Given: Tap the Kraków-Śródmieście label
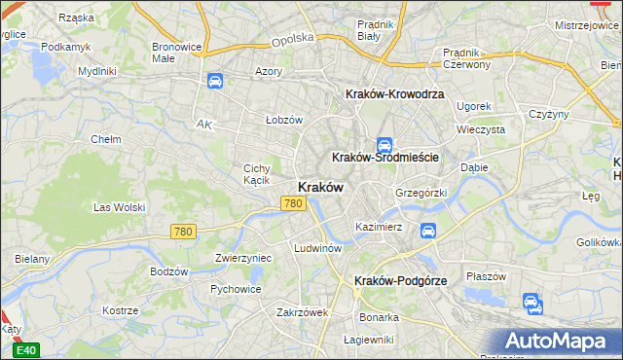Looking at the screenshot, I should [386, 157].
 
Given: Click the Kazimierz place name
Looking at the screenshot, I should [379, 227].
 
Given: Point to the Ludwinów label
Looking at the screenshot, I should [317, 248].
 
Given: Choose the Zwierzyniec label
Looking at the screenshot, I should [242, 258].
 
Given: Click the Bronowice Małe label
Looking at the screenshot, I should [177, 53].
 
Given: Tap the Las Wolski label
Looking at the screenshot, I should [119, 207].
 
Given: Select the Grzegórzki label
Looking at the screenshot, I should [421, 193].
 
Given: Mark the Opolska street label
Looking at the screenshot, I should [293, 39].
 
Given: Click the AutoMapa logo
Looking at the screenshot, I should [560, 342].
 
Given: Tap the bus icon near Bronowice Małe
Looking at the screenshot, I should [214, 82].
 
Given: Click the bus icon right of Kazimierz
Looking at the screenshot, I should [427, 231].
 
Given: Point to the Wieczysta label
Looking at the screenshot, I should [480, 128].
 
